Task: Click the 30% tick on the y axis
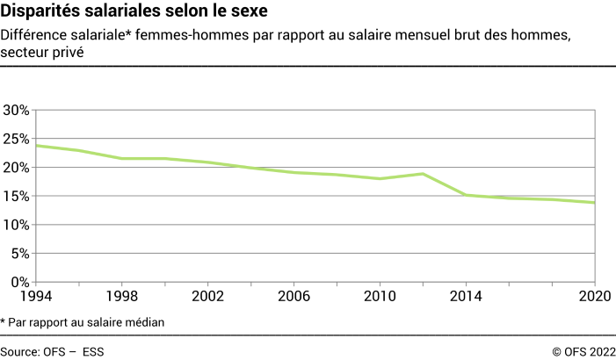click(x=17, y=111)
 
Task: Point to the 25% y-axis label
click(x=17, y=139)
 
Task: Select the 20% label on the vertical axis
click(x=17, y=168)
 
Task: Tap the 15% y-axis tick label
click(x=17, y=197)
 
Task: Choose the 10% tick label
click(x=17, y=225)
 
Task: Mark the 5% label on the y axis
click(x=20, y=254)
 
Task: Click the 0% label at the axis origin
click(x=20, y=283)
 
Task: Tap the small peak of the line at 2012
click(x=422, y=174)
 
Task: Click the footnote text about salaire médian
click(x=83, y=322)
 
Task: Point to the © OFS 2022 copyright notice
click(x=583, y=351)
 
